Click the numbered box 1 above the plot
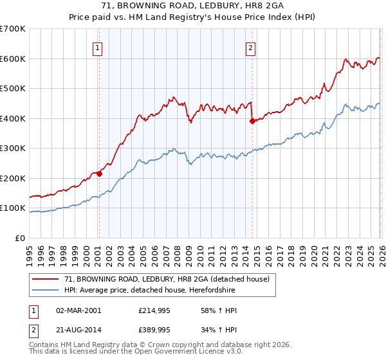[97, 47]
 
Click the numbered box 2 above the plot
[250, 47]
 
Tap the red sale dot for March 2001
[99, 174]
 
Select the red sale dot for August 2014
[252, 121]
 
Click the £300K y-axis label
[13, 148]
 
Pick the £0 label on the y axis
[19, 239]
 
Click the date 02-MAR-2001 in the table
[78, 310]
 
